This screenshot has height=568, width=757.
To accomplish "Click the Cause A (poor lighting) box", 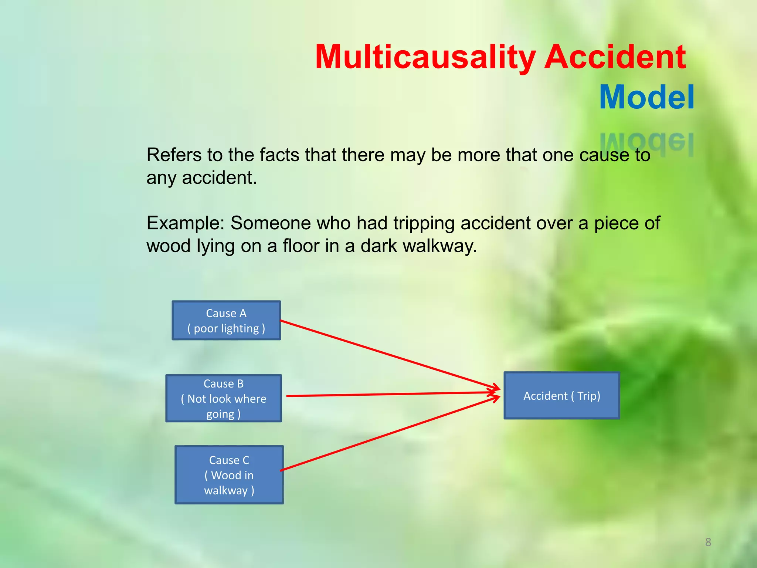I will coord(226,320).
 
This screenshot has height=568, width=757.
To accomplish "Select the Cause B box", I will coord(224,398).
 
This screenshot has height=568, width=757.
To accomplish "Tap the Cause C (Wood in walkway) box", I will coord(229,474).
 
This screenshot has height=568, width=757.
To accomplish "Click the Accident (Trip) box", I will coord(561,395).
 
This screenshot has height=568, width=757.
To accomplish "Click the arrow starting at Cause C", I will coord(388,434).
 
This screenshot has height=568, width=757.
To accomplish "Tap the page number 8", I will coord(708,542).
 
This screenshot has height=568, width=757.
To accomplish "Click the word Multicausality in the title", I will coord(425,57).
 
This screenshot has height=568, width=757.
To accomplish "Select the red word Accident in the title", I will coord(615,57).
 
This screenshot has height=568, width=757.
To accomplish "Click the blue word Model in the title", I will coord(646,97).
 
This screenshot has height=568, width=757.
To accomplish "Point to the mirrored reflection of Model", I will coord(646,143).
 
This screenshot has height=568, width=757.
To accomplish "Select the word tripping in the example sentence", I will coord(424,224).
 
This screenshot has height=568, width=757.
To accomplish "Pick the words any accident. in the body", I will coord(201,177).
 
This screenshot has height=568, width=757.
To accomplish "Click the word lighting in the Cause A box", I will coord(242,328).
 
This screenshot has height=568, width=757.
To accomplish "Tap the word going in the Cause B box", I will coord(220,414).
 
